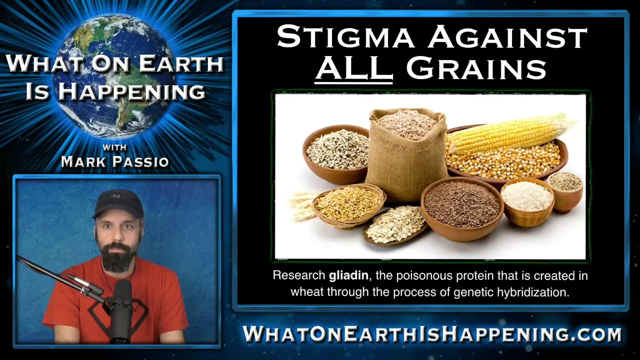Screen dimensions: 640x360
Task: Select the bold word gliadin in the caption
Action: (x=348, y=275)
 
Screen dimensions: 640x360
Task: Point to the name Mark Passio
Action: (x=115, y=161)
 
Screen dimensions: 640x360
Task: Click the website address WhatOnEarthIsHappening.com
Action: (x=432, y=333)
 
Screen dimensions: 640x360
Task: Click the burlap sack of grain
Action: (x=407, y=154)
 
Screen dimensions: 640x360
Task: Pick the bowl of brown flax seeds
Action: (x=462, y=208)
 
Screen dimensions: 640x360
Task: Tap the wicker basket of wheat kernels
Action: (x=349, y=205)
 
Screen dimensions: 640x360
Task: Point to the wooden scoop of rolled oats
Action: (x=395, y=225)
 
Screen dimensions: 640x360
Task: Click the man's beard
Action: (x=117, y=255)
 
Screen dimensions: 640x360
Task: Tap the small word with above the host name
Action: (x=114, y=147)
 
